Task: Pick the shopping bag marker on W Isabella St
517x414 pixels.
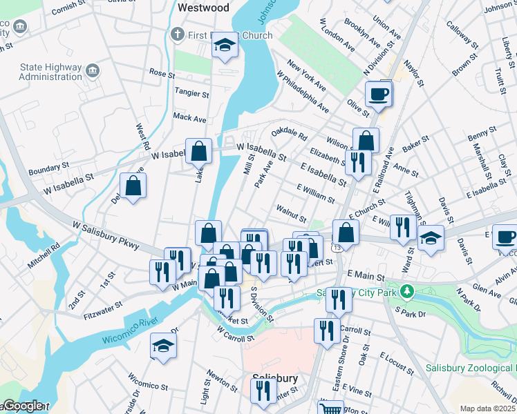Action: (198, 152)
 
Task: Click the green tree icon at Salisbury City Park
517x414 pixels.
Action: (408, 292)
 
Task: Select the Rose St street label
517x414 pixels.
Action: (162, 73)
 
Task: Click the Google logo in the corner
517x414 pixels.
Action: (22, 406)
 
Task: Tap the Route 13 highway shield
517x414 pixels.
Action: (336, 247)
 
